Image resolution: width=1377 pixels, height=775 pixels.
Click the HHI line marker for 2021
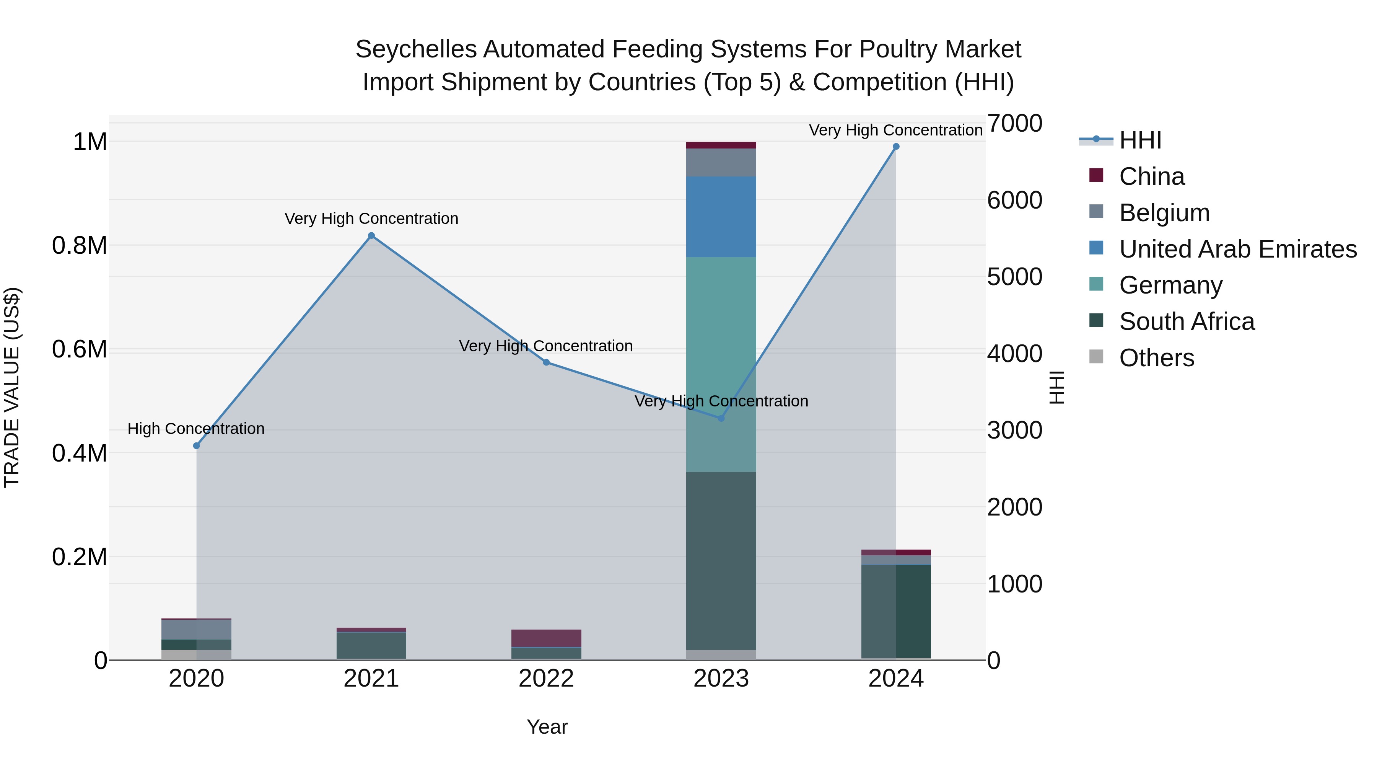371,236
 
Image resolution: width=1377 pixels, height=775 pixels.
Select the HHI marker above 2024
896,147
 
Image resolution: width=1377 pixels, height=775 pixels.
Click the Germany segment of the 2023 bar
721,364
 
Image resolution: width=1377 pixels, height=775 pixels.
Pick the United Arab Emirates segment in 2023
721,217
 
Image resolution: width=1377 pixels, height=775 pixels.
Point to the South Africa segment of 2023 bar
721,561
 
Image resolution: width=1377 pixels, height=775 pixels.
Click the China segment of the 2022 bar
546,638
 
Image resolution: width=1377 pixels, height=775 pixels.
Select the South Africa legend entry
1186,321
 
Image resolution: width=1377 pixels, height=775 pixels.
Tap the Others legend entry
1156,358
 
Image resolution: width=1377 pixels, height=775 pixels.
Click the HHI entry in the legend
1140,140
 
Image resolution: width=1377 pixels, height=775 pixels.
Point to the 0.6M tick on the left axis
79,349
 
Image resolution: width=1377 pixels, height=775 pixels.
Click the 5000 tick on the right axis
1014,277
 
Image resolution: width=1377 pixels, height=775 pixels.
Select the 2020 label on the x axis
196,679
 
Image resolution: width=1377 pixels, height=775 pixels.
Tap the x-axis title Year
547,727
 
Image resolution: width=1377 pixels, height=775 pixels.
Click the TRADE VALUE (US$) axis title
12,387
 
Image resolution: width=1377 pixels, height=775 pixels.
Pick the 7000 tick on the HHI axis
1014,124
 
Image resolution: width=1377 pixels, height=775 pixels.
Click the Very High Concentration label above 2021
371,218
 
